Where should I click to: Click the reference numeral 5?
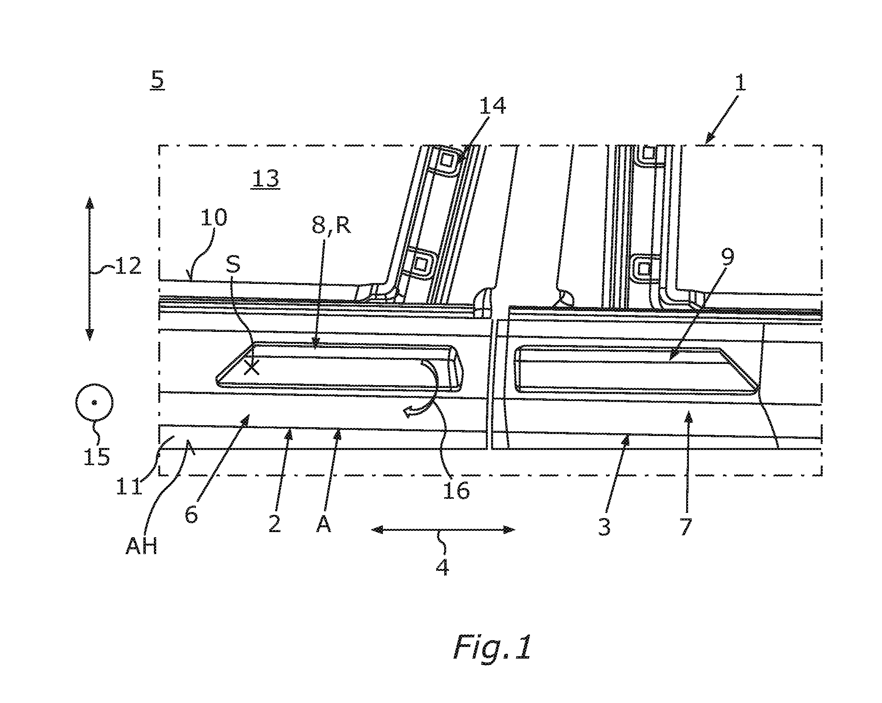pos(157,80)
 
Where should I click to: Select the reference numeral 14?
pos(493,105)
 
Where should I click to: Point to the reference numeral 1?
pos(741,82)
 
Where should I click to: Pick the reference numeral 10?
pos(213,217)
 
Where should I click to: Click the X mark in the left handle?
pos(252,367)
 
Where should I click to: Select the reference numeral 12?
pos(128,266)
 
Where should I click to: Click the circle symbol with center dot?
pos(94,402)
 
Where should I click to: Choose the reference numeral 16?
pos(456,490)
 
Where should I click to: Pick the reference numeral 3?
pos(604,526)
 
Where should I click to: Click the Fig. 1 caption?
pos(492,647)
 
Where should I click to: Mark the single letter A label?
pos(324,524)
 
